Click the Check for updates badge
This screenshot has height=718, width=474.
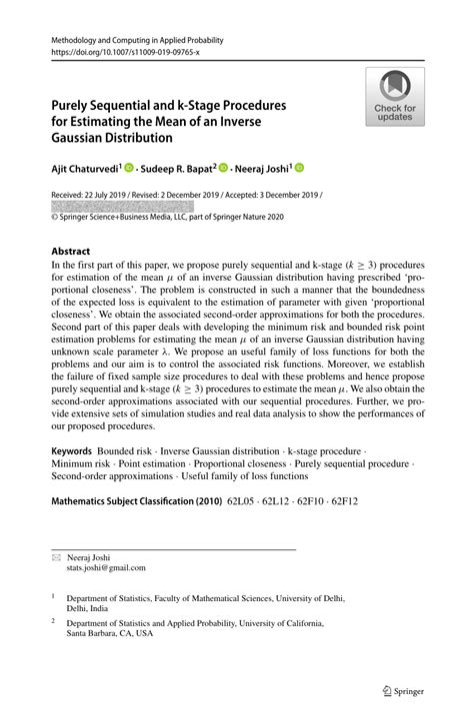394,97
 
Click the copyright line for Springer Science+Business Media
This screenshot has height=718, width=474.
161,217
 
